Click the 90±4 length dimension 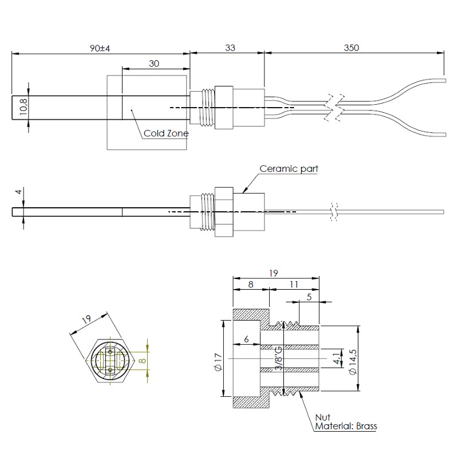pyautogui.click(x=100, y=48)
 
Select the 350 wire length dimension pyautogui.click(x=352, y=48)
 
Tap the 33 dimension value pyautogui.click(x=229, y=48)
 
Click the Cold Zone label pyautogui.click(x=166, y=133)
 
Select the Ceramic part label pyautogui.click(x=289, y=169)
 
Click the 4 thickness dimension pyautogui.click(x=18, y=192)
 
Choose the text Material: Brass pyautogui.click(x=347, y=426)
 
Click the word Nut pyautogui.click(x=323, y=417)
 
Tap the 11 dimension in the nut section pyautogui.click(x=294, y=283)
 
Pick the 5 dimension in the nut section pyautogui.click(x=309, y=297)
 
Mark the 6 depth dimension pyautogui.click(x=246, y=339)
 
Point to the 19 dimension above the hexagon pyautogui.click(x=87, y=321)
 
